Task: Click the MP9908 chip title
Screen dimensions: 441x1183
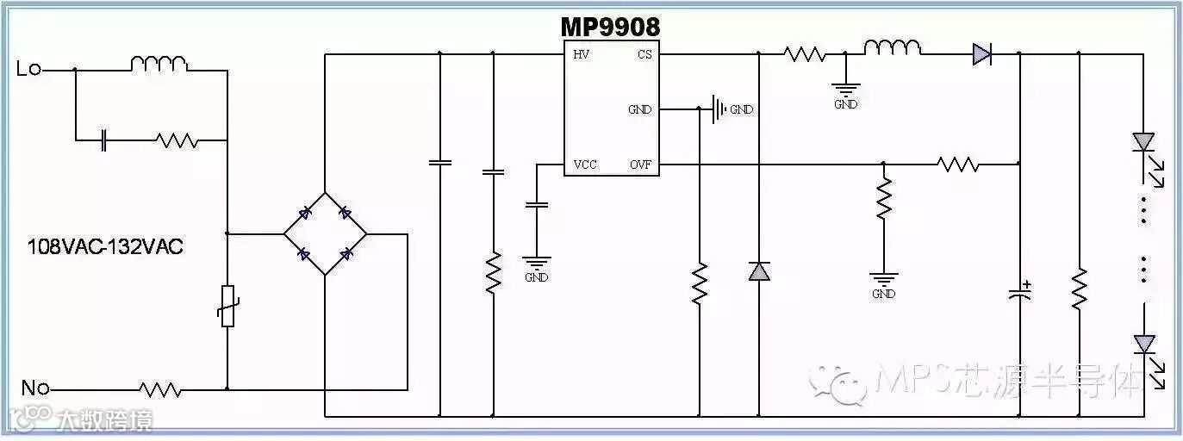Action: (x=610, y=27)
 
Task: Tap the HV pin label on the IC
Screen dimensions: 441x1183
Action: (x=582, y=55)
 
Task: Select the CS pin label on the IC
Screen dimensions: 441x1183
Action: (x=644, y=55)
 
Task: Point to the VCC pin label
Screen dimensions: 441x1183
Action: (x=585, y=165)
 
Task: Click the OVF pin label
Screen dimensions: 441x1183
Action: (x=640, y=165)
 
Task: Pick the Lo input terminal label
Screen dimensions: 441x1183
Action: (x=28, y=69)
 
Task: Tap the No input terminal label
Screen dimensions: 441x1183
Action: (x=34, y=388)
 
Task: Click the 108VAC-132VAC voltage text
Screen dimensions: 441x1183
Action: (x=105, y=247)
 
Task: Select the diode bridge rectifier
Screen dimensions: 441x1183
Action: (x=325, y=233)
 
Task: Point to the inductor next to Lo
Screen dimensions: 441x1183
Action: (x=159, y=63)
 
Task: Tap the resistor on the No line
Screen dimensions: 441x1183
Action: (x=160, y=389)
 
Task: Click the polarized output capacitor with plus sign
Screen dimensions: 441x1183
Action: (x=1019, y=293)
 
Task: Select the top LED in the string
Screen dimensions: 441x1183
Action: (x=1143, y=141)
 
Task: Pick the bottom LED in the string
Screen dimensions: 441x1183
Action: (x=1143, y=345)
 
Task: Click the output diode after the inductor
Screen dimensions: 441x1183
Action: (x=981, y=54)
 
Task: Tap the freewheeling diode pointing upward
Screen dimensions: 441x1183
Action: (x=758, y=271)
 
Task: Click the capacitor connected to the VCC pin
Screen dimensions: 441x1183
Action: (x=536, y=205)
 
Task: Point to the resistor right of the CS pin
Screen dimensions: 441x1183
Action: (x=805, y=54)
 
